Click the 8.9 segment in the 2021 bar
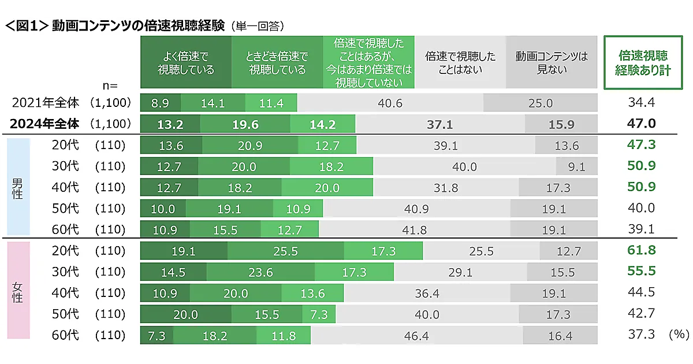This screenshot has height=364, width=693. click(160, 103)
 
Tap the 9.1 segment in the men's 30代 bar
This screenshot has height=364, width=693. click(576, 167)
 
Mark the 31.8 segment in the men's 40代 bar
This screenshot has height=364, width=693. click(445, 188)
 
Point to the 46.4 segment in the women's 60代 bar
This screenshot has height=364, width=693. click(416, 336)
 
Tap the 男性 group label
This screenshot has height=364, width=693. click(17, 188)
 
